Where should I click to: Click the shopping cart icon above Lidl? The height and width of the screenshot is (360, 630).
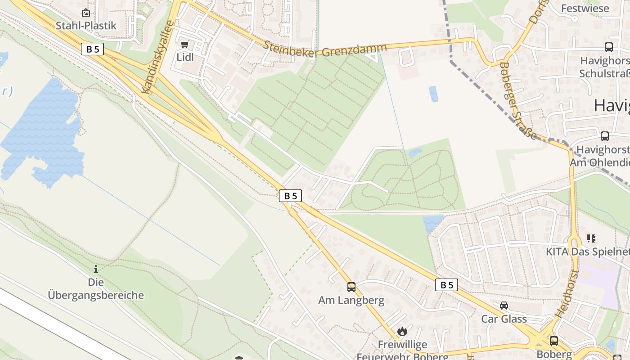point(184,44)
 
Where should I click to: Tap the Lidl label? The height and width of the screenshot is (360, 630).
point(184,57)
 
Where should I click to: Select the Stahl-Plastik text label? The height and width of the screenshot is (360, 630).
point(86,26)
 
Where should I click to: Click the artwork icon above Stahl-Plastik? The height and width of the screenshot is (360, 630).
point(86,13)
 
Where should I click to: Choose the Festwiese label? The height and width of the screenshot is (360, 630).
point(585,8)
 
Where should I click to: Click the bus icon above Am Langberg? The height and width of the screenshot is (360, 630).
point(351,287)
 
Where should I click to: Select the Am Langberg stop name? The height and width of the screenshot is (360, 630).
point(351,300)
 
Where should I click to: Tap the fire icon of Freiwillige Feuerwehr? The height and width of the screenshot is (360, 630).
point(402,332)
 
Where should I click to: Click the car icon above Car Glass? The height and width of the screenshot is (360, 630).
point(504,306)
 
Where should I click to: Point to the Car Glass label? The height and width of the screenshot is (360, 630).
point(504,319)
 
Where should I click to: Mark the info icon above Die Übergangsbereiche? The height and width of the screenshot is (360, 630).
point(95,269)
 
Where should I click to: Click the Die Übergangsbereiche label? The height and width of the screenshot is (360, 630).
point(96,289)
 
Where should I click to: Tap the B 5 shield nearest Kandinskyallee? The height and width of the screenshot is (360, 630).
point(92,49)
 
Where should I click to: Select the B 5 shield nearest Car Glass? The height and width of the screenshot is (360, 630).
point(446,285)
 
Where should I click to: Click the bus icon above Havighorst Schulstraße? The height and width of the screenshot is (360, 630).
point(608,47)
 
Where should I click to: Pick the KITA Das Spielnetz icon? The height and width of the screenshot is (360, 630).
point(591,238)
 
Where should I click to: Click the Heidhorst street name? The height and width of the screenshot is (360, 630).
point(567,294)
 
